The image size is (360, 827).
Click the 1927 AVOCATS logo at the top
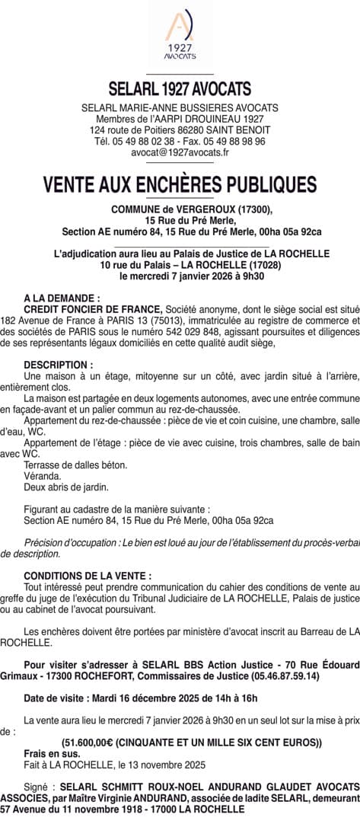180,36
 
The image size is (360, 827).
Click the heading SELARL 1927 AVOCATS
180,89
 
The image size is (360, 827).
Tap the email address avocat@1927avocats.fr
180,152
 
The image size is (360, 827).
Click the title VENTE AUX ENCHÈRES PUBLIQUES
180,185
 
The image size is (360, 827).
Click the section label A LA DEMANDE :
62,299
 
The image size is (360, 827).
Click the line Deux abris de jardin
66,487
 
